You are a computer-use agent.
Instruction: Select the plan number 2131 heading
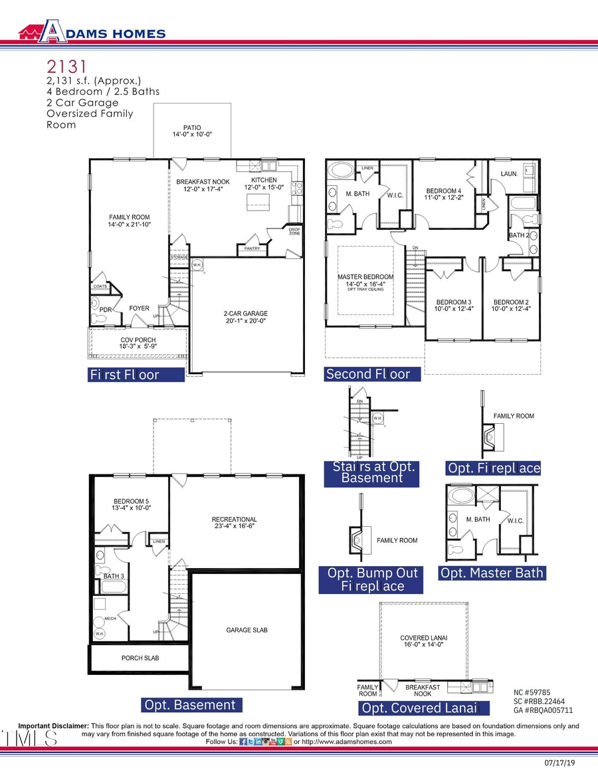[66, 66]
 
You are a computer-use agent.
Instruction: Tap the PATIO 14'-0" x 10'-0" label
[192, 131]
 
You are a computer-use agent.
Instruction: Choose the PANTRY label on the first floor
[252, 249]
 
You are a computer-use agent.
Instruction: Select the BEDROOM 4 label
[443, 195]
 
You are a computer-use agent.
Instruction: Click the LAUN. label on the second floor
[509, 174]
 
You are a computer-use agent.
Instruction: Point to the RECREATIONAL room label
[234, 523]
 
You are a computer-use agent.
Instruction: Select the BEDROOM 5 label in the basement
[132, 504]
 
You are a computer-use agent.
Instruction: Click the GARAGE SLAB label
[247, 630]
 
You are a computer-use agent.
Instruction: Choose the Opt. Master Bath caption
[492, 573]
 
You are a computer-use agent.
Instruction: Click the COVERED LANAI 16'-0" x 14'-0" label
[421, 641]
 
